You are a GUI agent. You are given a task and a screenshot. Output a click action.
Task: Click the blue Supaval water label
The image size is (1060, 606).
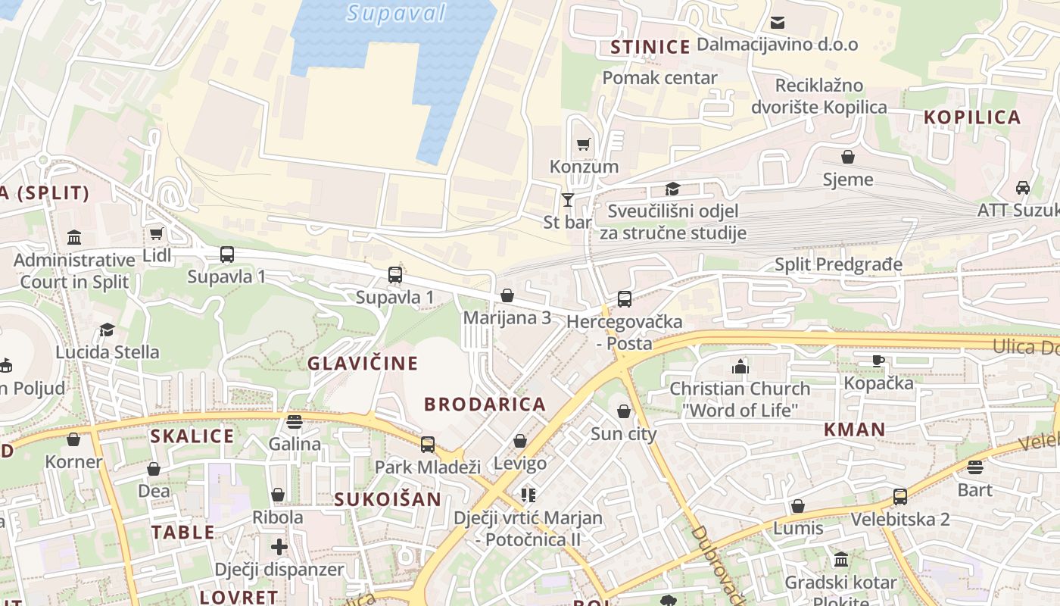tap(396, 13)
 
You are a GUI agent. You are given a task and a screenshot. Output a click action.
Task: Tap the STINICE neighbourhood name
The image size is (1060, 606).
tap(650, 48)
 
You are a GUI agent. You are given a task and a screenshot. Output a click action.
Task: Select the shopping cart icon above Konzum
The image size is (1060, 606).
tap(583, 145)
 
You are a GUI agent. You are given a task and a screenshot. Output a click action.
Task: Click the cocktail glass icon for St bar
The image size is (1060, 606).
tap(567, 200)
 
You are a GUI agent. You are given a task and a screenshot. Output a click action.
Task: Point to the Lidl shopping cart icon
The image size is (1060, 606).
tap(157, 234)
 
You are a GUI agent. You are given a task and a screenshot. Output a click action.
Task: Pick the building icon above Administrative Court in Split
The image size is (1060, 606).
tap(74, 238)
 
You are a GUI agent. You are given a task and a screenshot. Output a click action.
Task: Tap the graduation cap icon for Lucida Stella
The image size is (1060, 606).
tap(108, 330)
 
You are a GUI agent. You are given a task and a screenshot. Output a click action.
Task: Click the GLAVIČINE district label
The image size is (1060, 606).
tap(363, 364)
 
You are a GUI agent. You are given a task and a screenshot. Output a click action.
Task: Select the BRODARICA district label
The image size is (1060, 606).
tap(485, 405)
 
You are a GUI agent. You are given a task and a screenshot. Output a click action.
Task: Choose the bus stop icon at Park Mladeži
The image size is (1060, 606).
tap(428, 444)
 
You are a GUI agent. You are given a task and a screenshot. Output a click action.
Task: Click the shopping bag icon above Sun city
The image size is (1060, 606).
tap(623, 411)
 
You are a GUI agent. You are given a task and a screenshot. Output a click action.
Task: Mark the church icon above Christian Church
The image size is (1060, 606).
tap(740, 367)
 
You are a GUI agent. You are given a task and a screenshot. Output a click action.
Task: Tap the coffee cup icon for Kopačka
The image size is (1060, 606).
tap(878, 361)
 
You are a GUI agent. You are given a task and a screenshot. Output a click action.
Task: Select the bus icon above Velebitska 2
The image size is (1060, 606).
tap(899, 497)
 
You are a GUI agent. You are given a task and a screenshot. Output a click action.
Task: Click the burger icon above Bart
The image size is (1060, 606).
tap(974, 467)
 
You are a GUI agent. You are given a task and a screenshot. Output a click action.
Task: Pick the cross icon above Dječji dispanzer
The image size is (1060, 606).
tap(279, 546)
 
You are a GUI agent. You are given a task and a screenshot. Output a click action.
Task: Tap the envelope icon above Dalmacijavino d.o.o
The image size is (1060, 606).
tap(777, 23)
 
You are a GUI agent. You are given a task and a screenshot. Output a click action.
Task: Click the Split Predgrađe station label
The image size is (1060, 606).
tap(838, 264)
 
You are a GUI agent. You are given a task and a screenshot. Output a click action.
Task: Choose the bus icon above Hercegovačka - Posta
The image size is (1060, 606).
tap(624, 299)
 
